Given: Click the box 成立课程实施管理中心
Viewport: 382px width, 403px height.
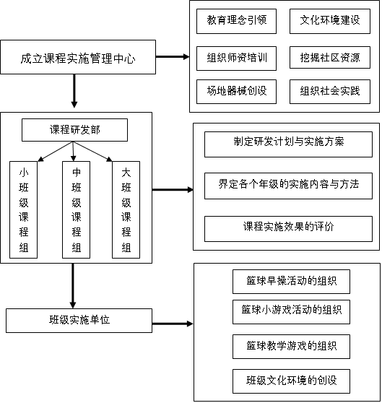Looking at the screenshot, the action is (x=78, y=57).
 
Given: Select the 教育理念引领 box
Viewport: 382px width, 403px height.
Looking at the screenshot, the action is (x=236, y=22).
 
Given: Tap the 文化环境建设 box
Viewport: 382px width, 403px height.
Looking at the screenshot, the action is (x=330, y=22).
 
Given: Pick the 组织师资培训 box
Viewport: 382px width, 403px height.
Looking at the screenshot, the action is (x=236, y=58).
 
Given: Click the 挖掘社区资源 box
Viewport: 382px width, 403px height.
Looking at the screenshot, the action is (x=330, y=57).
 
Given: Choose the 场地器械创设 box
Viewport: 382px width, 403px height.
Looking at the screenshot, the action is (x=236, y=92).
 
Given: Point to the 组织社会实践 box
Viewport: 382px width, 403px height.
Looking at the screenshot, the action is (x=330, y=92).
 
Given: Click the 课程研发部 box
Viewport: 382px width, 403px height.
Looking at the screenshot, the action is (x=75, y=130).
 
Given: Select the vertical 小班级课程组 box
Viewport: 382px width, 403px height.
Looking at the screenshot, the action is (x=23, y=209).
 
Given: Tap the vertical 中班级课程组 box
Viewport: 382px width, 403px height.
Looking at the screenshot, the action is (x=77, y=209).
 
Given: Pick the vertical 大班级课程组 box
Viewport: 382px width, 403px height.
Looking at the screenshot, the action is (x=126, y=209).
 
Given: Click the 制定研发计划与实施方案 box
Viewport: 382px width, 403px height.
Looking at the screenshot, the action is (x=288, y=144).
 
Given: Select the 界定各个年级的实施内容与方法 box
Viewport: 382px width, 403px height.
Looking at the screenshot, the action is (x=288, y=186).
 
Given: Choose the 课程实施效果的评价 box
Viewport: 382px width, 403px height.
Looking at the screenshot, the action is (x=288, y=229).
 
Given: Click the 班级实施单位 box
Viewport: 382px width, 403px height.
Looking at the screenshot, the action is (x=79, y=321).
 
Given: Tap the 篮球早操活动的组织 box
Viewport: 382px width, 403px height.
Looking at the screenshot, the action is (x=291, y=282).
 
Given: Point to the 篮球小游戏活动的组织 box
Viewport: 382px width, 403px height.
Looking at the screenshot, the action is (x=291, y=312).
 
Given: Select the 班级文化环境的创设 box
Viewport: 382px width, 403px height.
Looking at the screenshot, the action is (x=291, y=381).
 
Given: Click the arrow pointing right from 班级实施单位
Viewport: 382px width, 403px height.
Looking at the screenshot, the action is (x=173, y=324).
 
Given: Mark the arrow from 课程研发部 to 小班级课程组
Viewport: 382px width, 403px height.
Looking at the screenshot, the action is (x=56, y=152).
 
